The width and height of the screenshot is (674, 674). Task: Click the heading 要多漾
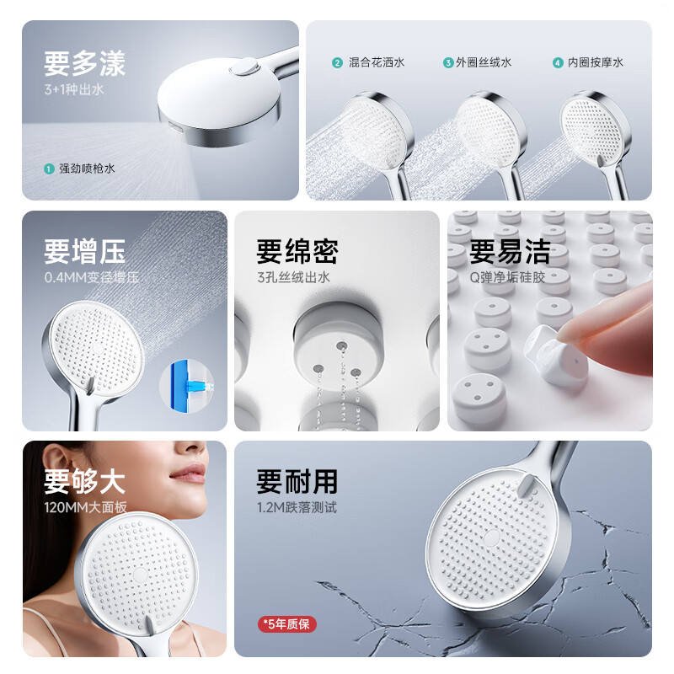(x=85, y=64)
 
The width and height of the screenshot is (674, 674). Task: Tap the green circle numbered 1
(x=49, y=169)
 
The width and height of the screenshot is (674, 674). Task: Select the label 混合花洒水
(x=377, y=62)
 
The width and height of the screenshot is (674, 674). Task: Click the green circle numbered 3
(x=448, y=62)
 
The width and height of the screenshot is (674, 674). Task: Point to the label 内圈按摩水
(x=596, y=62)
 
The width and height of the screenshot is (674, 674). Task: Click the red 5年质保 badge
(x=287, y=623)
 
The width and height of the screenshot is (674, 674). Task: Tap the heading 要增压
(x=85, y=251)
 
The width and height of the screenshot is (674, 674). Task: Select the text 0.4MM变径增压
(x=92, y=277)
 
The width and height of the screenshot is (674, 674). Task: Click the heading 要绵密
(x=297, y=251)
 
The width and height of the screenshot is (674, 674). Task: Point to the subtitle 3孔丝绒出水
(x=293, y=277)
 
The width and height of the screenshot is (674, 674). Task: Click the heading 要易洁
(x=510, y=251)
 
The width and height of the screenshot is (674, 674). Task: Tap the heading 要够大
(x=85, y=481)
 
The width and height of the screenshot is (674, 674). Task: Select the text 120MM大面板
(x=86, y=507)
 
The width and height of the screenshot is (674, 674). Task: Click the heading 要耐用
(x=297, y=481)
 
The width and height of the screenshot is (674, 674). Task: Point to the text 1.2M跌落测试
(x=297, y=507)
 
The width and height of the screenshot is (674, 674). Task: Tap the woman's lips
(x=189, y=473)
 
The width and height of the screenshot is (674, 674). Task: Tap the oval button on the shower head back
(x=244, y=67)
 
